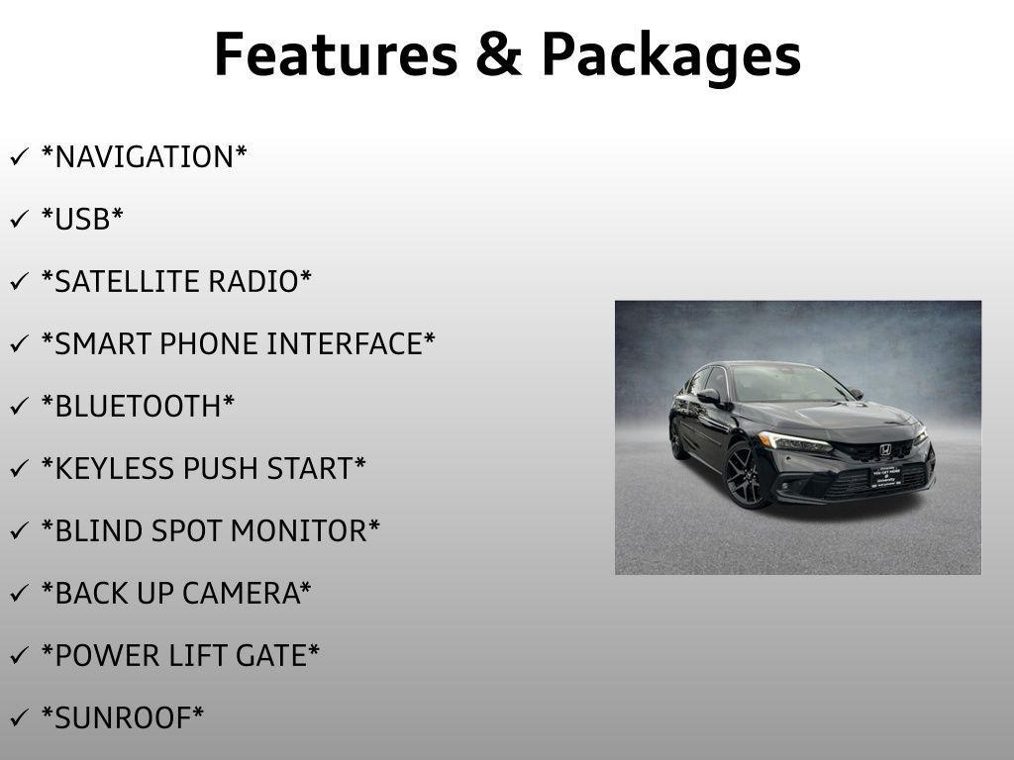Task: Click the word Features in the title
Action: (x=336, y=54)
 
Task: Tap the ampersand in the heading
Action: (x=499, y=54)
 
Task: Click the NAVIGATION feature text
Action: (x=144, y=157)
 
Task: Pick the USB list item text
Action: (x=81, y=219)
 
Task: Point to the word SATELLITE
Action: (x=119, y=282)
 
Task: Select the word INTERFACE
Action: (x=351, y=343)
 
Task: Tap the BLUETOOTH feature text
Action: (x=138, y=406)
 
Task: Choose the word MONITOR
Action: (x=305, y=530)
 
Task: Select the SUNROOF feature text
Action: (x=122, y=718)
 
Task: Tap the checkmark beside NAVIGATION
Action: (x=20, y=156)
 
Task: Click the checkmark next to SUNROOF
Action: (x=20, y=717)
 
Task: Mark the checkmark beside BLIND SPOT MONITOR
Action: (x=20, y=530)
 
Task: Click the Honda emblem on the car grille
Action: (x=885, y=450)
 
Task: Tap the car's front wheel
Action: (x=747, y=476)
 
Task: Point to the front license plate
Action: (x=885, y=476)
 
